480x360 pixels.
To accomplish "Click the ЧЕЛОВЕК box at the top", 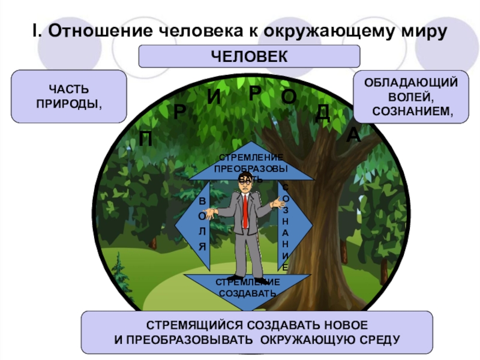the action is (x=249, y=56).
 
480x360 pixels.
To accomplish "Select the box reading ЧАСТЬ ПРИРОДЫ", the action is (x=68, y=96).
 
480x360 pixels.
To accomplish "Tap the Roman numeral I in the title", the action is (x=35, y=30).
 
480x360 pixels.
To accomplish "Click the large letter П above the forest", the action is (x=145, y=139).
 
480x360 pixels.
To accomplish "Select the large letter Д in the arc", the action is (x=323, y=112).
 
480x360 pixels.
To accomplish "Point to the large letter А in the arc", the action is (x=353, y=136).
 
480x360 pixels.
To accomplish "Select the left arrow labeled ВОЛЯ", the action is (x=196, y=225).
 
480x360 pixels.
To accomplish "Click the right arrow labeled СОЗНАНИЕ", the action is (x=294, y=225).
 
